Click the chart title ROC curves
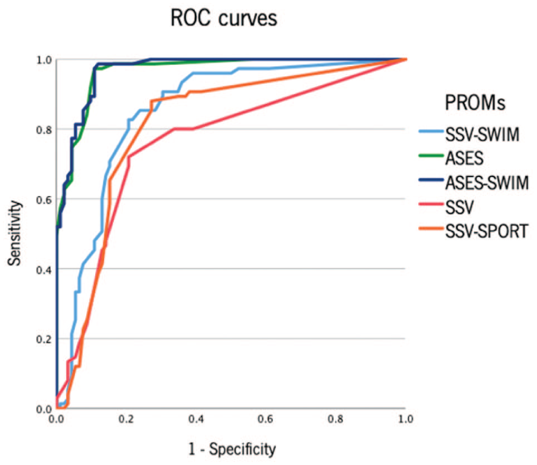click(x=224, y=18)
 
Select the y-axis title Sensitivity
click(x=14, y=233)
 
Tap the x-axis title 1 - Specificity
click(x=232, y=448)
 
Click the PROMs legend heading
click(x=474, y=102)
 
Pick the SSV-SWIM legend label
click(x=482, y=134)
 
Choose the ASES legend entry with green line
click(x=451, y=158)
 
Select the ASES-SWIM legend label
click(x=487, y=183)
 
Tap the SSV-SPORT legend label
click(x=486, y=231)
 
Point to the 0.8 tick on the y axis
click(x=44, y=130)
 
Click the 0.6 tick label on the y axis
click(x=44, y=199)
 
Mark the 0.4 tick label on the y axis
click(x=44, y=270)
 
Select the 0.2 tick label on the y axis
click(x=44, y=339)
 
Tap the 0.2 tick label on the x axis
click(x=126, y=419)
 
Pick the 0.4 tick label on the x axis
click(x=196, y=419)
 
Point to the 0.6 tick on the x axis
click(x=266, y=419)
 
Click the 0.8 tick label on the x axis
click(x=336, y=419)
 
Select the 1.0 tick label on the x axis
click(x=406, y=419)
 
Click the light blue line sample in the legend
click(x=431, y=131)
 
